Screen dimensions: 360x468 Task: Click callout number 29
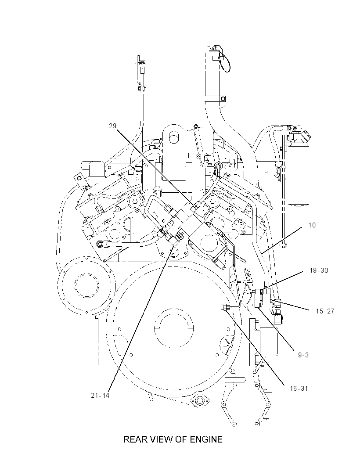(x=112, y=126)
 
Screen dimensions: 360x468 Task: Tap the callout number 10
(x=312, y=225)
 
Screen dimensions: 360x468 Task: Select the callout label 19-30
(x=319, y=270)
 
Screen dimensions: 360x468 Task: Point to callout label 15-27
(x=325, y=311)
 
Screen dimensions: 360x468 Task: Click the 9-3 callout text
(x=303, y=355)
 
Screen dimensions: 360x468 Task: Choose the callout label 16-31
(x=299, y=389)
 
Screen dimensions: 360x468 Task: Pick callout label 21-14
(x=100, y=396)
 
